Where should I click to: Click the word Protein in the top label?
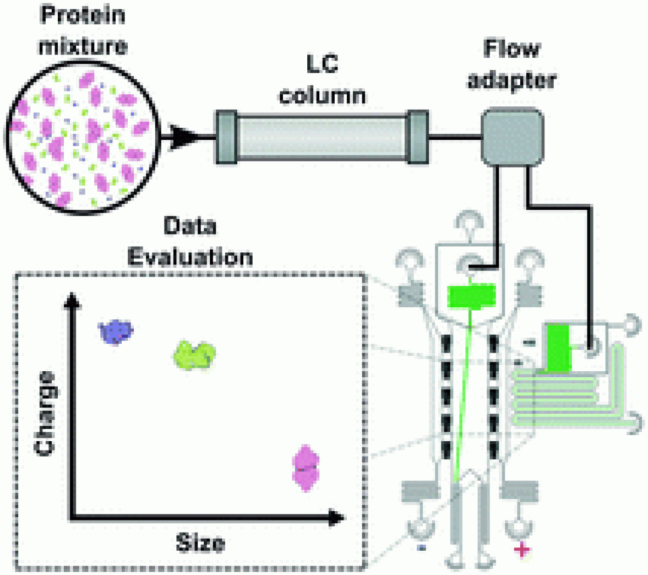[83, 15]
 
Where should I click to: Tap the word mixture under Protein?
[83, 46]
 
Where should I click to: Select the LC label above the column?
[322, 64]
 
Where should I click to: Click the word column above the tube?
[322, 96]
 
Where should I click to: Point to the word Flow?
[511, 48]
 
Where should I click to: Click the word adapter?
[511, 80]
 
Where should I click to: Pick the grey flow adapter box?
[512, 137]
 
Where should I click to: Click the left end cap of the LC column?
[226, 137]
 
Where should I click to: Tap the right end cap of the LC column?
[417, 137]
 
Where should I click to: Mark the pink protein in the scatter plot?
[306, 468]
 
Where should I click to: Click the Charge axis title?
[45, 414]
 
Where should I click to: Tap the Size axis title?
[201, 543]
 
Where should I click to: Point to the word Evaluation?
[190, 257]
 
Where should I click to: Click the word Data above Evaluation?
[190, 226]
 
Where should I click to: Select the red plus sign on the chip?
[522, 550]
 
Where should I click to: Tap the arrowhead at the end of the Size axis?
[336, 518]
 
